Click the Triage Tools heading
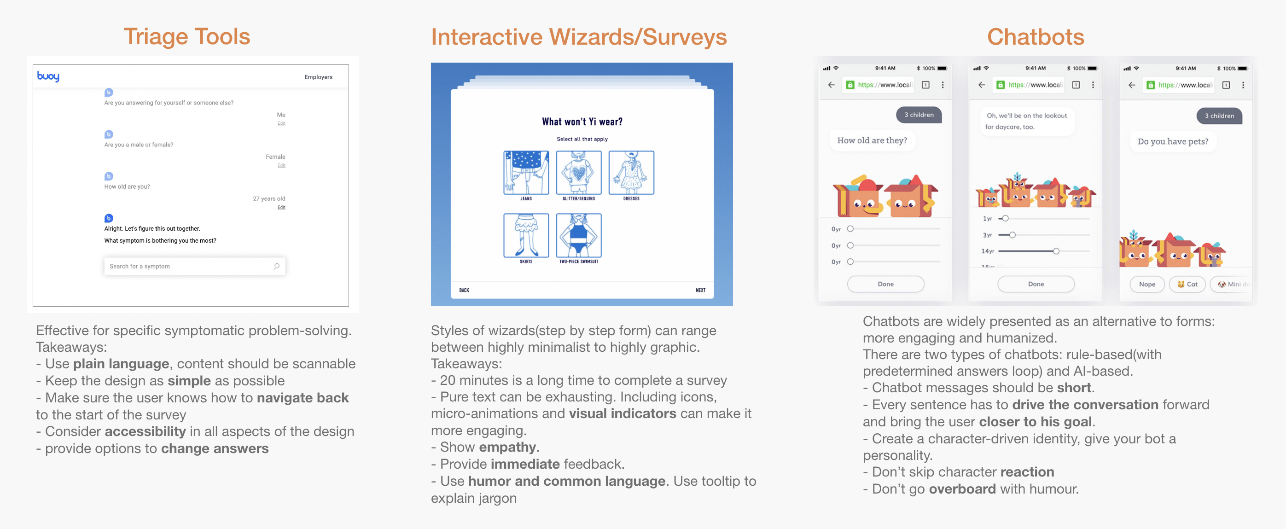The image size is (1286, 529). (187, 36)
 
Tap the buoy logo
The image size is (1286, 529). (48, 76)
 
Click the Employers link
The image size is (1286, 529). (318, 77)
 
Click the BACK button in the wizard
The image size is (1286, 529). (464, 290)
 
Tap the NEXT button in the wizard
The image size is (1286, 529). (700, 290)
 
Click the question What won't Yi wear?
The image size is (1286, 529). (582, 122)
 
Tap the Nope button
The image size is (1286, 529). (1146, 284)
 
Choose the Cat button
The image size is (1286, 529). (1187, 284)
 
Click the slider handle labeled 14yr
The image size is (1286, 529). (1056, 251)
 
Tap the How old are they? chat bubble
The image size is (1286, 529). (872, 141)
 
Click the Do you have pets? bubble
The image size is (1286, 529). (1173, 142)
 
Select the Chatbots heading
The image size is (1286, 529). (1036, 37)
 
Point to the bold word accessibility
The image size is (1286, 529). (145, 431)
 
